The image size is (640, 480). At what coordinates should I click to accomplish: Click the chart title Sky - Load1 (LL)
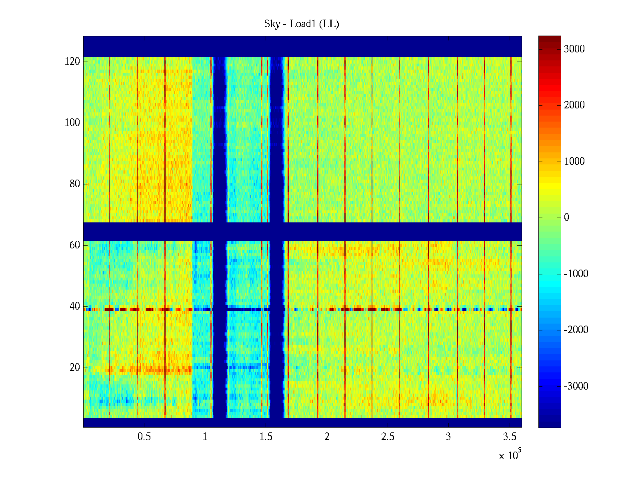(x=302, y=24)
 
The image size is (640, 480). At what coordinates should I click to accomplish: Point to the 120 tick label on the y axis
(x=72, y=62)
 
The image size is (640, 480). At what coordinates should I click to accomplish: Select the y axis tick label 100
(x=72, y=123)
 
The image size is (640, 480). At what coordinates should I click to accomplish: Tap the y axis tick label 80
(x=75, y=184)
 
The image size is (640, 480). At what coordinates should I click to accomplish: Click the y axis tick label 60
(x=75, y=245)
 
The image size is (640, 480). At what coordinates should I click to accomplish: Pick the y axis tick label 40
(x=75, y=306)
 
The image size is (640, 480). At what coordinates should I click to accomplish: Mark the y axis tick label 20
(x=75, y=368)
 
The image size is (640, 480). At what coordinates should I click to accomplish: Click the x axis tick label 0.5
(x=144, y=437)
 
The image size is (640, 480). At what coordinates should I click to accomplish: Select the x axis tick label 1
(x=205, y=437)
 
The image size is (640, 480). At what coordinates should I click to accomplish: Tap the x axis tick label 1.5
(x=266, y=437)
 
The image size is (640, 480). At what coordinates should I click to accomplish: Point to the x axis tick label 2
(x=327, y=437)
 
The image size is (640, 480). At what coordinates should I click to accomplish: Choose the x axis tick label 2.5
(x=388, y=437)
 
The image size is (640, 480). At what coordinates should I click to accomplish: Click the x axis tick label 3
(x=448, y=437)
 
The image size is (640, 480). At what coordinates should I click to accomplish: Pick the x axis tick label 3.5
(x=510, y=437)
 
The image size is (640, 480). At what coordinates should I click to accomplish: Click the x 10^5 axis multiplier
(x=510, y=455)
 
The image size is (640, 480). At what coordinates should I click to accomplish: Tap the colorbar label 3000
(x=574, y=49)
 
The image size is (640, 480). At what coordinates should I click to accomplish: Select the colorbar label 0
(x=566, y=218)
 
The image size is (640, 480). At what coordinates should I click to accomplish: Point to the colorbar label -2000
(x=576, y=330)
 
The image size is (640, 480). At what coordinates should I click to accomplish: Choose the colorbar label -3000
(x=576, y=386)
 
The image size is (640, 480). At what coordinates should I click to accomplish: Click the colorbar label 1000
(x=574, y=162)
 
